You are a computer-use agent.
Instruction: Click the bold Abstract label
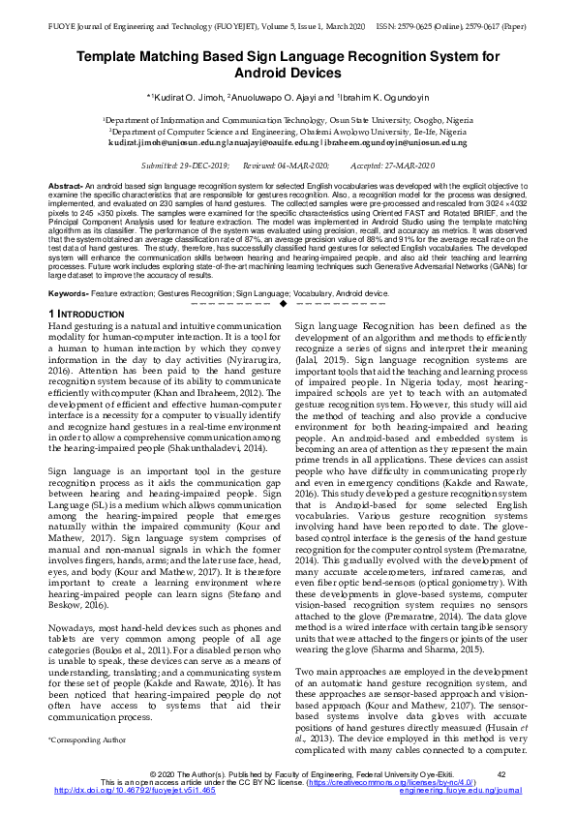[x=65, y=184]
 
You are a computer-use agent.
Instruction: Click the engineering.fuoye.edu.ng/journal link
[x=460, y=790]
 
